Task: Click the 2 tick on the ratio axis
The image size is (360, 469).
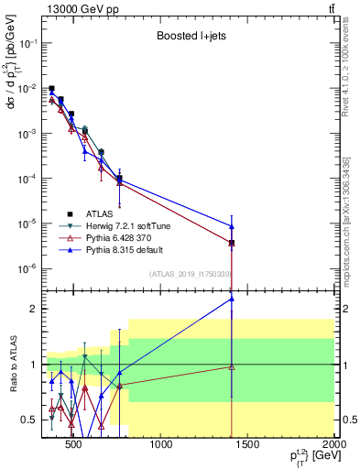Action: tap(32, 309)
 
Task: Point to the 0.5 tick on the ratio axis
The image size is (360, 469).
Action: tap(29, 420)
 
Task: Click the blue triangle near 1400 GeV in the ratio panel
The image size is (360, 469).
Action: tap(232, 299)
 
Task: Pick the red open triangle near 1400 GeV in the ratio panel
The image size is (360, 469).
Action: tap(232, 367)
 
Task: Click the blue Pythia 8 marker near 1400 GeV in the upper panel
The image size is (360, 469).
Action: tap(232, 226)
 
